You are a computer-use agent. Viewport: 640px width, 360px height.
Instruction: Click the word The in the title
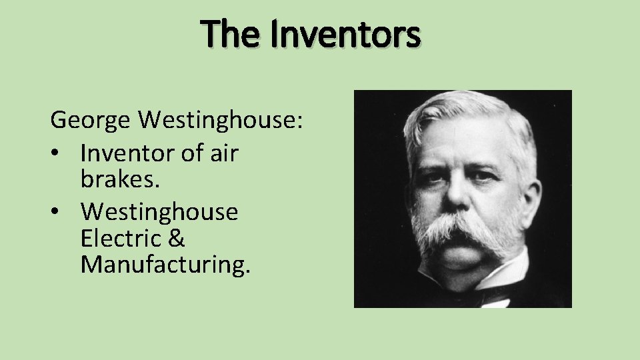227,34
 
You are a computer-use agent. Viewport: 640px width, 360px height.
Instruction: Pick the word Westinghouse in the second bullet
159,212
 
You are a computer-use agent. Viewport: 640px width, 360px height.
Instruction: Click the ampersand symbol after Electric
177,238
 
